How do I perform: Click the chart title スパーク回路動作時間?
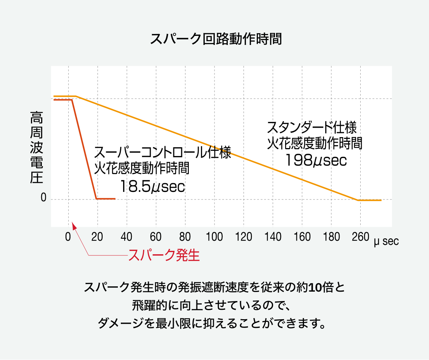pyautogui.click(x=216, y=39)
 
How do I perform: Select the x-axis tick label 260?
pyautogui.click(x=360, y=237)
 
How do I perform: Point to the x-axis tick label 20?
pyautogui.click(x=97, y=237)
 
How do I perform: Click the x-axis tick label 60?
pyautogui.click(x=156, y=237)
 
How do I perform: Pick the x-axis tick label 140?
pyautogui.click(x=273, y=237)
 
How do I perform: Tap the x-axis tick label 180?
pyautogui.click(x=331, y=237)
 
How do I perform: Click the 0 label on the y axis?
pyautogui.click(x=43, y=198)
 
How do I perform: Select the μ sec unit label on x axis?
pyautogui.click(x=386, y=241)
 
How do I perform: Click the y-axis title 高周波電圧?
pyautogui.click(x=37, y=147)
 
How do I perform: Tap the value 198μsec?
pyautogui.click(x=316, y=161)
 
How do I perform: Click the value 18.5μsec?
pyautogui.click(x=153, y=187)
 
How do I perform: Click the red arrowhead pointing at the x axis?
pyautogui.click(x=74, y=226)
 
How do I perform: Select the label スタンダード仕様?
pyautogui.click(x=312, y=128)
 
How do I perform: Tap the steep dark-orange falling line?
pyautogui.click(x=84, y=149)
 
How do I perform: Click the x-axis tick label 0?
pyautogui.click(x=68, y=237)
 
